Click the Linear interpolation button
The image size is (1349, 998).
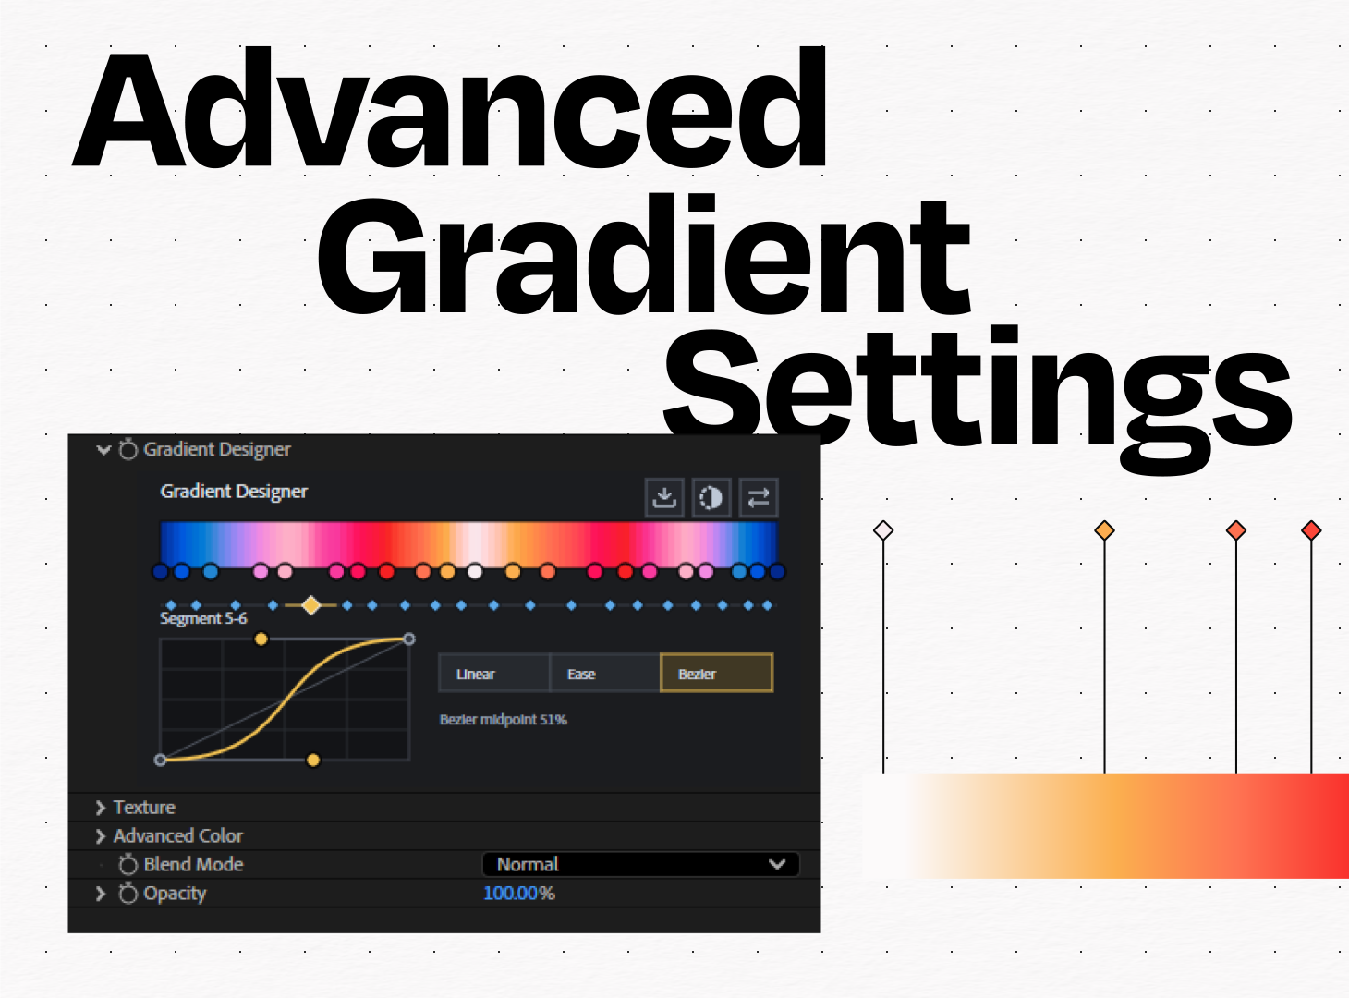pos(493,673)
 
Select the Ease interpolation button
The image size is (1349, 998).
pos(604,673)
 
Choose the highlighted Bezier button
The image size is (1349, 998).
pos(716,673)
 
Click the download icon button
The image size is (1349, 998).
pos(664,498)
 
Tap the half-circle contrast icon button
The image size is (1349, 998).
pos(711,498)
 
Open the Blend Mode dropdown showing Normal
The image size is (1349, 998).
pos(640,864)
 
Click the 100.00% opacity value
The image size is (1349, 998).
pos(518,894)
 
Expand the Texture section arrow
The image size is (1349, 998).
pos(101,808)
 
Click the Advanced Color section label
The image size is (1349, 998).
pos(178,836)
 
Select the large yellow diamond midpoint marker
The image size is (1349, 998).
pos(310,605)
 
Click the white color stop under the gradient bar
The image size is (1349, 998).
pos(474,572)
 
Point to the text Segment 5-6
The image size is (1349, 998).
pos(203,619)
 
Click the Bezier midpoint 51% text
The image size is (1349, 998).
pos(503,720)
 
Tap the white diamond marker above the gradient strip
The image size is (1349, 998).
pos(883,530)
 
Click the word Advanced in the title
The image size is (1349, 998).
pos(449,108)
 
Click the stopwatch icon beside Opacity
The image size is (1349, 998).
pos(128,894)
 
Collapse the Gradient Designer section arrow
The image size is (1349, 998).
pos(103,450)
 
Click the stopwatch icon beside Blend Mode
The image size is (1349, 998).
pos(128,864)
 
